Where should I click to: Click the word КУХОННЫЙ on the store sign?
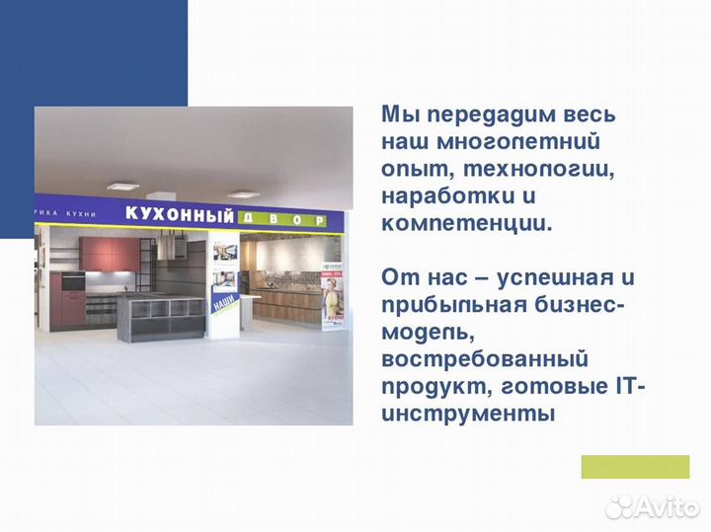point(180,214)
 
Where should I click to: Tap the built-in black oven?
point(74,282)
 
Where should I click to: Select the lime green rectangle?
point(634,467)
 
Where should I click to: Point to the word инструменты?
point(468,412)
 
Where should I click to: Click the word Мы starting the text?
point(397,114)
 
